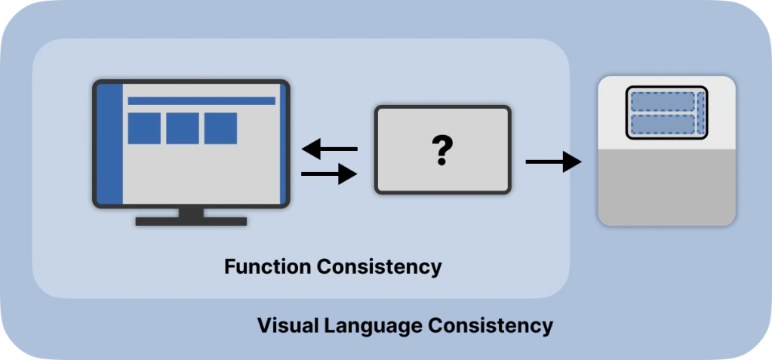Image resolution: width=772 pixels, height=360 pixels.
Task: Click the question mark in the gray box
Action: pyautogui.click(x=442, y=150)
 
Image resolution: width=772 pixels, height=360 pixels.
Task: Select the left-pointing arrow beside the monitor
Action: pyautogui.click(x=329, y=149)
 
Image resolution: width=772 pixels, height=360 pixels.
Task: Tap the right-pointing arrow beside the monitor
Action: pyautogui.click(x=329, y=174)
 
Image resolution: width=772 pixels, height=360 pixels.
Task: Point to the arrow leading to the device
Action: pyautogui.click(x=553, y=162)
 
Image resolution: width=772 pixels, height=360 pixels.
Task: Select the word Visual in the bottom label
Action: pyautogui.click(x=288, y=326)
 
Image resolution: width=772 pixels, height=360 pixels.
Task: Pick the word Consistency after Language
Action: pyautogui.click(x=491, y=326)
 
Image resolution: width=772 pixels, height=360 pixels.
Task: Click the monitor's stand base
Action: pyautogui.click(x=191, y=221)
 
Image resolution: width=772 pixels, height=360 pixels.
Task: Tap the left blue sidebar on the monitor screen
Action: pyautogui.click(x=111, y=143)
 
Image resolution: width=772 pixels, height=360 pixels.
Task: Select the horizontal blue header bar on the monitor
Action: pyautogui.click(x=201, y=100)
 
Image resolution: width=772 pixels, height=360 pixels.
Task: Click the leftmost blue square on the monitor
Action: pyautogui.click(x=144, y=128)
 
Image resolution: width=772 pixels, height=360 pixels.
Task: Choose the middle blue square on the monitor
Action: pyautogui.click(x=183, y=128)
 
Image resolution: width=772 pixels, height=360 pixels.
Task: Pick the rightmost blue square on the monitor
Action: pyautogui.click(x=220, y=128)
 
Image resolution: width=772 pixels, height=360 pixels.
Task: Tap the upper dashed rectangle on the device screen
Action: pyautogui.click(x=662, y=102)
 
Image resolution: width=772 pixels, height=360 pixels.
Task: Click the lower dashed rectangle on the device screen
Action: pyautogui.click(x=662, y=125)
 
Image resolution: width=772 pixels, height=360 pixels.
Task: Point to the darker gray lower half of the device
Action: pyautogui.click(x=666, y=186)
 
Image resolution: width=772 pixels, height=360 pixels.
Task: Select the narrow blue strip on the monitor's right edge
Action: pyautogui.click(x=283, y=143)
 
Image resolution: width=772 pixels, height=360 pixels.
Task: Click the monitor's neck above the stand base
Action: pyautogui.click(x=191, y=212)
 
